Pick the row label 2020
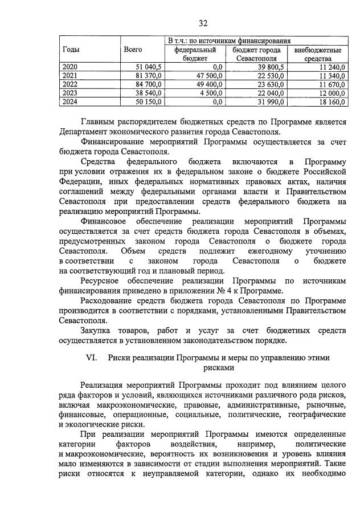(69, 67)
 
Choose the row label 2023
(69, 93)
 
